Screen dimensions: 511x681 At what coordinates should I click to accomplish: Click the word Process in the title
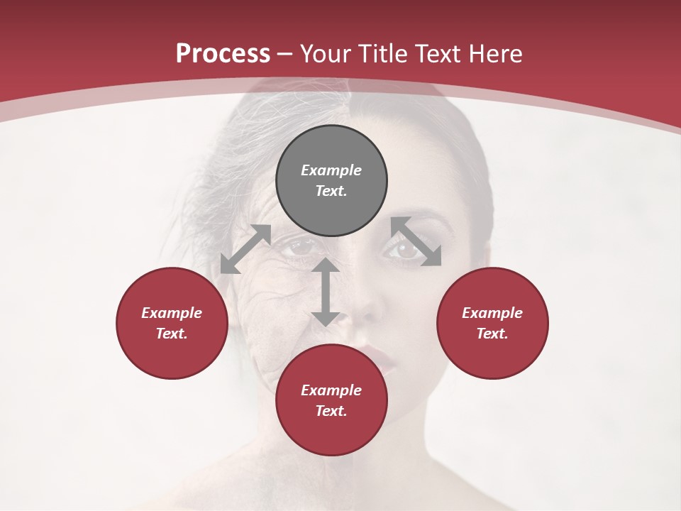[223, 54]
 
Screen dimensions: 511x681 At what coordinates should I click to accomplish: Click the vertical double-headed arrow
[325, 292]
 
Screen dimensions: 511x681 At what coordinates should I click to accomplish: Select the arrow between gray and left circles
[245, 249]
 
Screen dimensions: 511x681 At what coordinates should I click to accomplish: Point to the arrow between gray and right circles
[416, 241]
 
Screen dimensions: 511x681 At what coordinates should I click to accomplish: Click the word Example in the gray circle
[331, 170]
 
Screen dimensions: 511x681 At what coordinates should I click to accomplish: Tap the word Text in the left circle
[172, 334]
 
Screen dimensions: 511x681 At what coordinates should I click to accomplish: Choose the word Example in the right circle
[492, 313]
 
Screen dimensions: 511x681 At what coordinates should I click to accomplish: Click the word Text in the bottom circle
[331, 411]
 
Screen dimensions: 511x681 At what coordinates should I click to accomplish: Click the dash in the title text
[285, 55]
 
